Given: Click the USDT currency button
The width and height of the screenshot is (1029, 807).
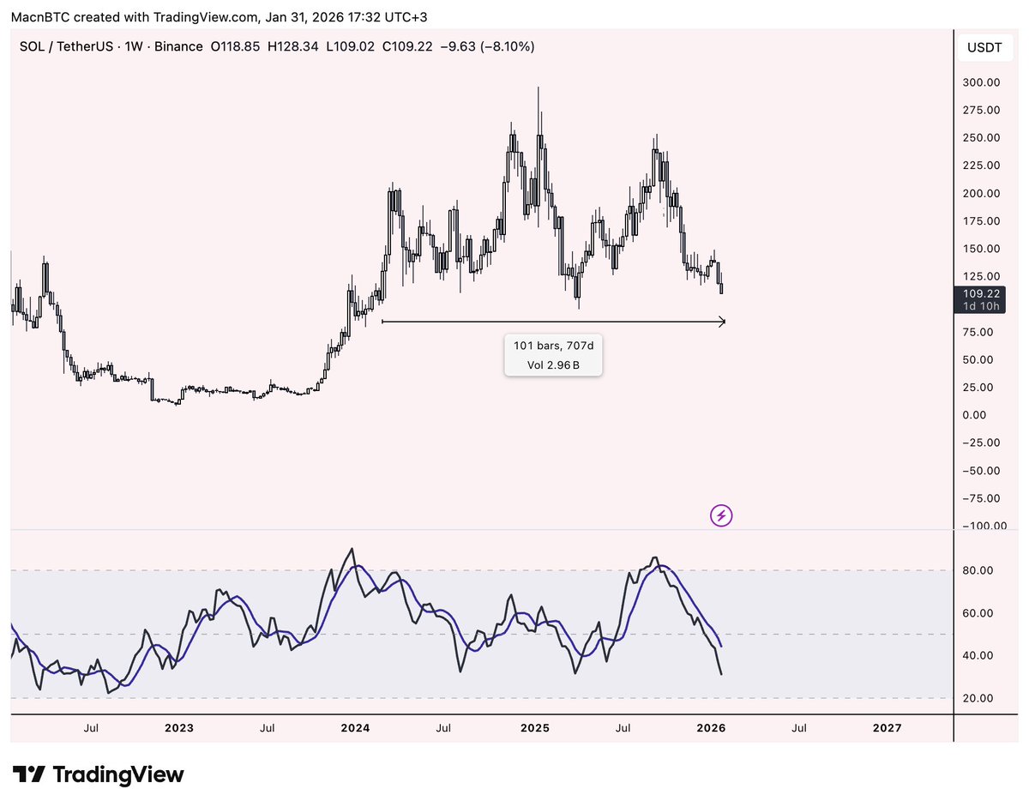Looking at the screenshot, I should tap(984, 47).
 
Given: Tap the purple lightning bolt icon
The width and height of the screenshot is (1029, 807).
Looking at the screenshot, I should tap(721, 515).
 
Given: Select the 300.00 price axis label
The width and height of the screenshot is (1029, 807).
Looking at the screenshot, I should tap(981, 82).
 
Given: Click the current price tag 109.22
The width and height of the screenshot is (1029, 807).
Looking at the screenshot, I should tap(981, 293).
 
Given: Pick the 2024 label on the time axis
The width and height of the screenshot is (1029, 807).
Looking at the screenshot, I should tap(355, 728).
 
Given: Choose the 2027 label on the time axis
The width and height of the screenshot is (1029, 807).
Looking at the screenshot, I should tap(887, 728).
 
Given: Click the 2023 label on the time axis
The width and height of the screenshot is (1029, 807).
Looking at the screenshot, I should tap(178, 728).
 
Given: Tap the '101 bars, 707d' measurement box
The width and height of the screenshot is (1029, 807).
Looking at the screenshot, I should tap(552, 355).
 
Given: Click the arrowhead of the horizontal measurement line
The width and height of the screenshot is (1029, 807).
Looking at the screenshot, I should tap(722, 322).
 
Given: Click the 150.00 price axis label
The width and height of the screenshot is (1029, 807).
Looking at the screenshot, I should tap(981, 249).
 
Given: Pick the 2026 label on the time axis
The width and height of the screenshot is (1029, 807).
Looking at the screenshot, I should tap(712, 728).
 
